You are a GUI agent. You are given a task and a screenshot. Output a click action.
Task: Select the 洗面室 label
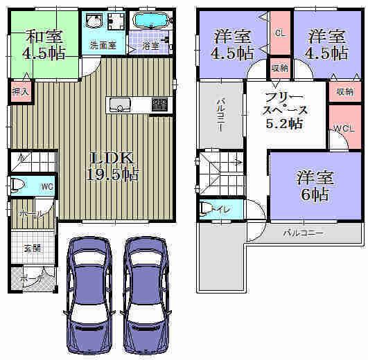103,46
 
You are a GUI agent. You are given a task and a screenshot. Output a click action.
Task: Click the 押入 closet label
19,91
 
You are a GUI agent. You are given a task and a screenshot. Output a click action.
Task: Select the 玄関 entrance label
31,247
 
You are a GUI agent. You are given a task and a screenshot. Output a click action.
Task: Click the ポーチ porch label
30,278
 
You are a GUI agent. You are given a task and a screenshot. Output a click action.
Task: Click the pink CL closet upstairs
280,33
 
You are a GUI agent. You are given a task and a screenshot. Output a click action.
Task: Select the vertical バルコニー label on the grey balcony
219,115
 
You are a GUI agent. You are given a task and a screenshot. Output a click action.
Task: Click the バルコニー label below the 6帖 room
302,233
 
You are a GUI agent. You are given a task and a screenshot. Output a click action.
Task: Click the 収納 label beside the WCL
344,91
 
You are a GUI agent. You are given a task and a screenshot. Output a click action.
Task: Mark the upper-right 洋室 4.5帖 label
327,44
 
